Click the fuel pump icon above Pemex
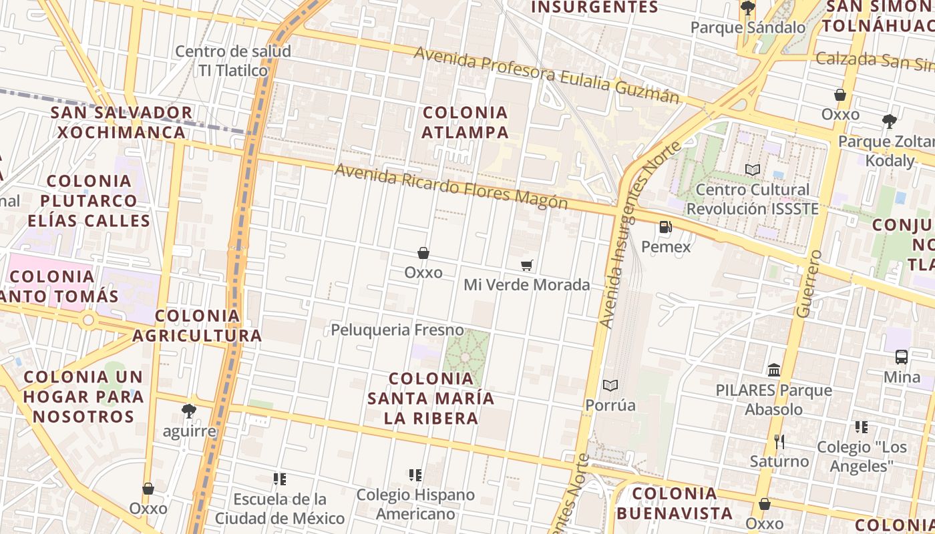[x=665, y=227]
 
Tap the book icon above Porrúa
[x=610, y=385]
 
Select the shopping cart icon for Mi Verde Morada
[x=527, y=266]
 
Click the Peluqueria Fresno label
[x=397, y=330]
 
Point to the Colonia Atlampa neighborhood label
[x=465, y=122]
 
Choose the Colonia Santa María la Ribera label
[x=431, y=398]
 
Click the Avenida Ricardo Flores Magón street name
[x=451, y=186]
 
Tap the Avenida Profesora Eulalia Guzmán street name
[x=546, y=74]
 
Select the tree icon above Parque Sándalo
[x=748, y=8]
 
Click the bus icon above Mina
[x=902, y=357]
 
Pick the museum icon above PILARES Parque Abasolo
[x=774, y=370]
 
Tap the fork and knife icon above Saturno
[x=779, y=441]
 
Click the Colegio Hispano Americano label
[x=415, y=504]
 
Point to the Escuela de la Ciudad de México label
[x=280, y=508]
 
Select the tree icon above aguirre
[x=189, y=411]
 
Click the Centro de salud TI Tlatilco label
[x=233, y=61]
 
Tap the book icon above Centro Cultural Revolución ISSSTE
[x=753, y=170]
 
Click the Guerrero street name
[x=808, y=284]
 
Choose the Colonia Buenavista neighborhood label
[x=675, y=503]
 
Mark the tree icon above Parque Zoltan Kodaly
[x=889, y=121]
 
